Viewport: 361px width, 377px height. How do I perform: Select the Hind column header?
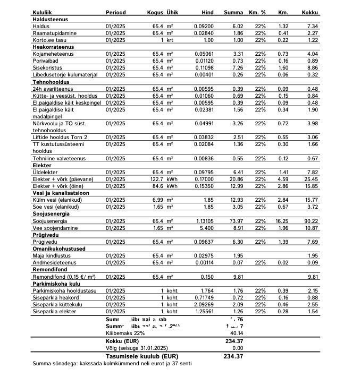(x=207, y=12)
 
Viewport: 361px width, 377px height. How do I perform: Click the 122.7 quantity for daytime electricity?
(x=155, y=179)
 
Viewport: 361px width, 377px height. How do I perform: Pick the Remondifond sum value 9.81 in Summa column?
(x=237, y=276)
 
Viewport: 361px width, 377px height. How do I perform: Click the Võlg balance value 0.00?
(x=237, y=347)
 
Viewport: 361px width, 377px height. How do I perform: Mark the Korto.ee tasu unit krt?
(x=171, y=40)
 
